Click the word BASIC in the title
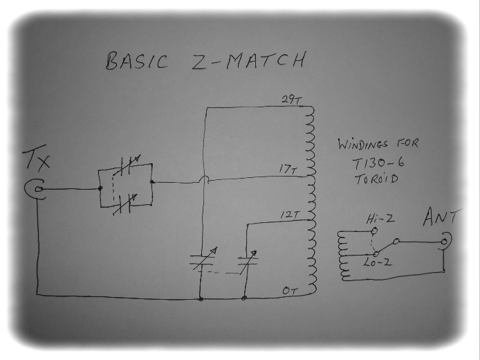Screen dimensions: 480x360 136,62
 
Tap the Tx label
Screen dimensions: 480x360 36,158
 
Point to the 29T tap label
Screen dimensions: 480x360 291,100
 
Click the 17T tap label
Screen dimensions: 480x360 288,169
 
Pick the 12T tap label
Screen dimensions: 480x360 289,214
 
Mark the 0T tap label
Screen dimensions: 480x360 289,290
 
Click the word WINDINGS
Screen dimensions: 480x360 363,144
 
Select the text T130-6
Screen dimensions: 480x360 378,163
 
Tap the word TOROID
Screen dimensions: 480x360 376,179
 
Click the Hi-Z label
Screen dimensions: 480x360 380,219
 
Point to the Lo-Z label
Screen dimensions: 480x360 377,262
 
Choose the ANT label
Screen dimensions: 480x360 441,217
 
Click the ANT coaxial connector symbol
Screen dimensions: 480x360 445,242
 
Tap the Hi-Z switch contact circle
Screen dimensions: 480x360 373,231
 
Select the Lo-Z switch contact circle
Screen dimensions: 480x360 376,253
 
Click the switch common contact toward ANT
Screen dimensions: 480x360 396,242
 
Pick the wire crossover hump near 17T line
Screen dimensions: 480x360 204,179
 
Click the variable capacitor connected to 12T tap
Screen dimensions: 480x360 248,261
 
